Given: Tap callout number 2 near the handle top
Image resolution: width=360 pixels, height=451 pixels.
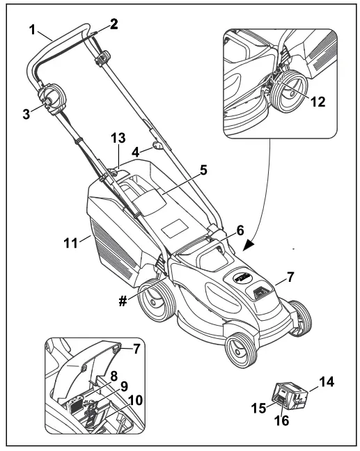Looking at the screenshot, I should coord(113,22).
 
